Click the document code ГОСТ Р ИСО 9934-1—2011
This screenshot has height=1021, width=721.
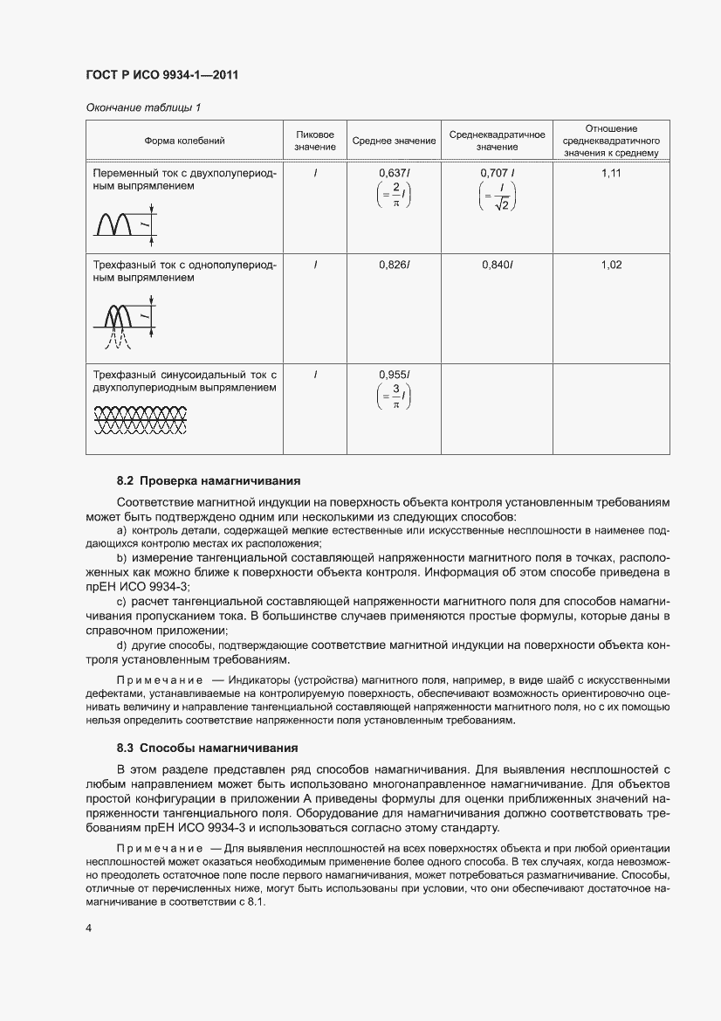point(162,75)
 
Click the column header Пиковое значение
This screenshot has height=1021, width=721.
point(315,141)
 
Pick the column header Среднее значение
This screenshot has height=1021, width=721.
point(394,141)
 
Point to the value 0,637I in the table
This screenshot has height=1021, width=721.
point(395,174)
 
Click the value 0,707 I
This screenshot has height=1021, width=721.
point(498,174)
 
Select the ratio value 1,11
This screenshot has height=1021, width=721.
point(611,174)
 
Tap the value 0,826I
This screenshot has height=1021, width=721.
point(395,265)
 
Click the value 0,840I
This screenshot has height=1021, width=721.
point(498,265)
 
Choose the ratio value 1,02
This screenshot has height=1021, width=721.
point(611,265)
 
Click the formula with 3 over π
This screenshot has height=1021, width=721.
point(395,397)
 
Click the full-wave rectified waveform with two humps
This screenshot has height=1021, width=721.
point(119,224)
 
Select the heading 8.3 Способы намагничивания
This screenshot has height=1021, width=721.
point(207,748)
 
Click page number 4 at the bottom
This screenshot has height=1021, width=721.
point(89,928)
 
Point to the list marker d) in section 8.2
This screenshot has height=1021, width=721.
point(122,645)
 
